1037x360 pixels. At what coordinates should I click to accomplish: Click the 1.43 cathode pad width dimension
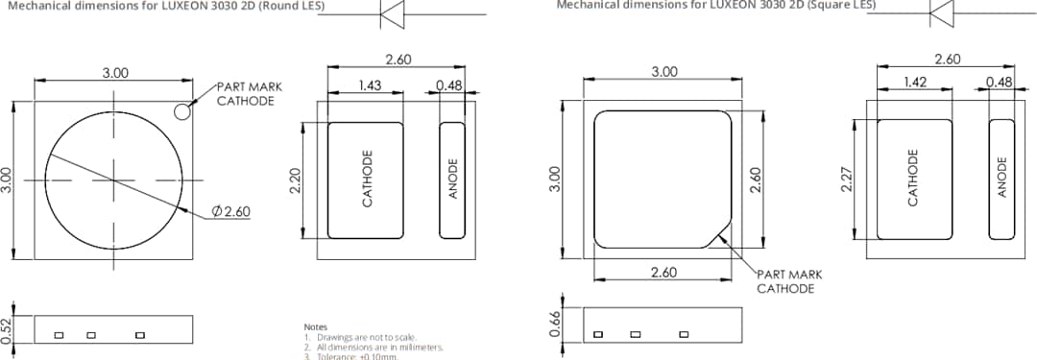click(x=370, y=85)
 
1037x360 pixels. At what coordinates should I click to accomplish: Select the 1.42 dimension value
click(x=916, y=83)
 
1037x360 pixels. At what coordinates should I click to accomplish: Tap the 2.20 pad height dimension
click(x=295, y=180)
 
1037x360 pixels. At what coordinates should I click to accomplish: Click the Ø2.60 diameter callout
click(x=230, y=211)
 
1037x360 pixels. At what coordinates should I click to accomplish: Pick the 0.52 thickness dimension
click(x=8, y=329)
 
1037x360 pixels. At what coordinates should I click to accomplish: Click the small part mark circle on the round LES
click(x=181, y=112)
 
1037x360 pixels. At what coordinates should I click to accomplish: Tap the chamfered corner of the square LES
click(x=717, y=235)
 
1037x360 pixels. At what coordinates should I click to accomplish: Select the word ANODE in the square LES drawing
click(x=1001, y=178)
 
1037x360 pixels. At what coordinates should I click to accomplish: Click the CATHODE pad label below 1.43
click(x=366, y=180)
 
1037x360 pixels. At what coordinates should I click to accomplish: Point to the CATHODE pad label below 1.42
click(x=913, y=178)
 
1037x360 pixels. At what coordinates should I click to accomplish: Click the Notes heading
click(x=315, y=327)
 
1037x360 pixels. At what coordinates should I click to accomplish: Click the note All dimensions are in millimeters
click(x=379, y=347)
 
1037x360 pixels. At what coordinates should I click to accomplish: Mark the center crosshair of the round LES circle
click(x=113, y=180)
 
